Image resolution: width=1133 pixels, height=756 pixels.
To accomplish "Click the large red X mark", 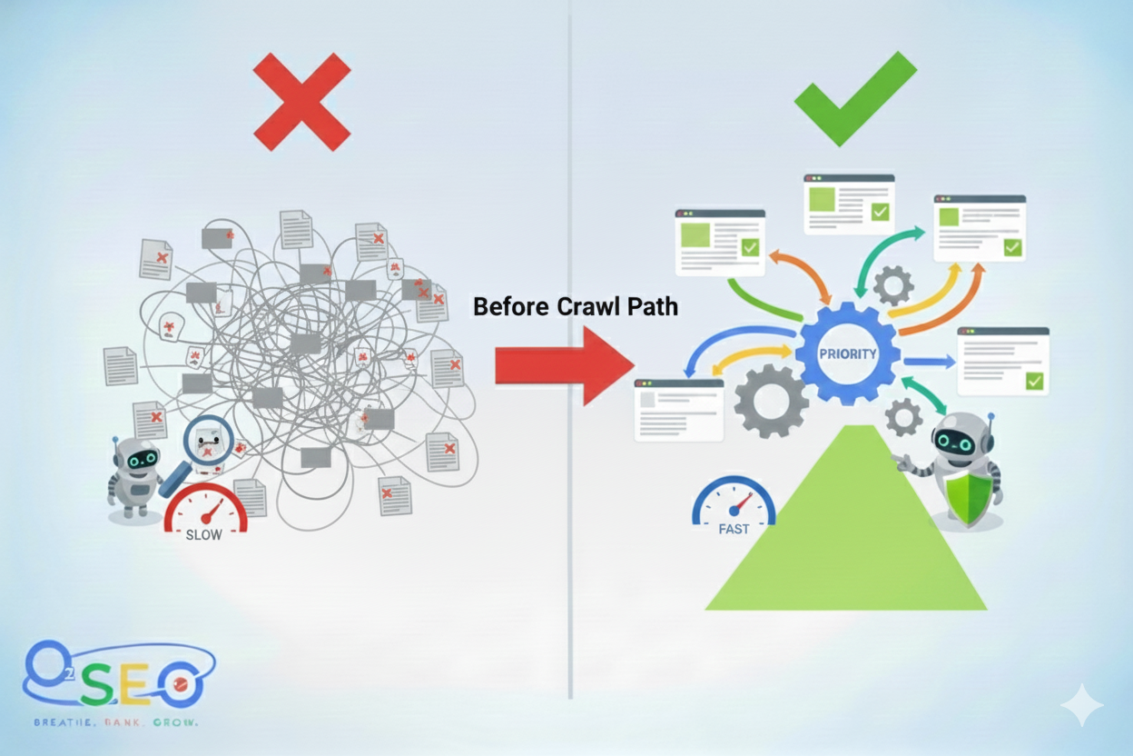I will coord(301,101).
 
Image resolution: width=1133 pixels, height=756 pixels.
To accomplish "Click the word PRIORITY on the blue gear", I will coord(847,353).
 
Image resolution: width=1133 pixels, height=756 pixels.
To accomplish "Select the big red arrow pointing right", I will coord(563,365).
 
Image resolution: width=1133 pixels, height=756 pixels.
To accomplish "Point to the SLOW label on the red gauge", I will coord(203,534).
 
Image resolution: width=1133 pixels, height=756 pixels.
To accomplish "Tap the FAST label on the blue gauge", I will coord(734,528).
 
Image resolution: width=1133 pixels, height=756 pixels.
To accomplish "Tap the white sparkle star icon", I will coord(1081,705).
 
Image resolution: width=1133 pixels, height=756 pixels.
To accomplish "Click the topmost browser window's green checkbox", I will coord(880,212).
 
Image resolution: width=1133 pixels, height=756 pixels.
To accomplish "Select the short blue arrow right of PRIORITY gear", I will coord(929,362).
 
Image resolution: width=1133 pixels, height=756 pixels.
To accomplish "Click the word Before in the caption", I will coord(510,307).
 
